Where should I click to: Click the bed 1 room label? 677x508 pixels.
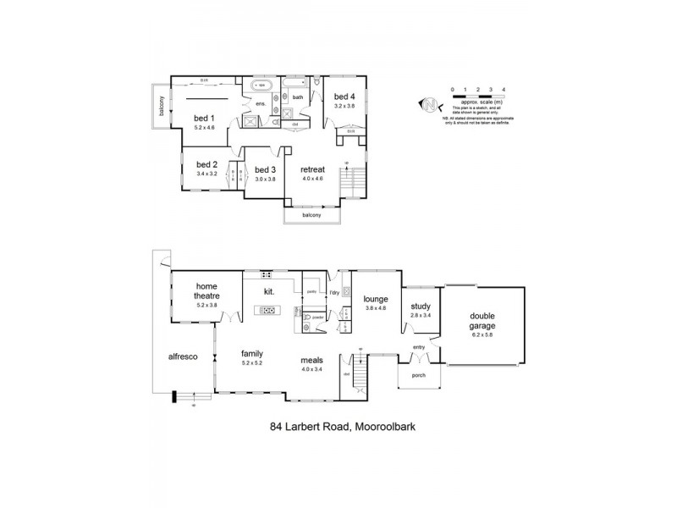coord(205,118)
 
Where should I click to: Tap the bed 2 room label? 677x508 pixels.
coord(207,164)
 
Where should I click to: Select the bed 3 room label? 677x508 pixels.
coord(266,169)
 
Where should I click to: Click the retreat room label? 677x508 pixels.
coord(314,169)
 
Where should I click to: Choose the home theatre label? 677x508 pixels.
coord(207,291)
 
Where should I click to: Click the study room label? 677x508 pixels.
coord(421,306)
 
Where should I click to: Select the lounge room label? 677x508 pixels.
coord(375,298)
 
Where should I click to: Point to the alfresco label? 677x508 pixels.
coord(183,357)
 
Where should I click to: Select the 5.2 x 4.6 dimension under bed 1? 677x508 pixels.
coord(205,127)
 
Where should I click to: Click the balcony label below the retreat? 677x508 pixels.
coord(312,215)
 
